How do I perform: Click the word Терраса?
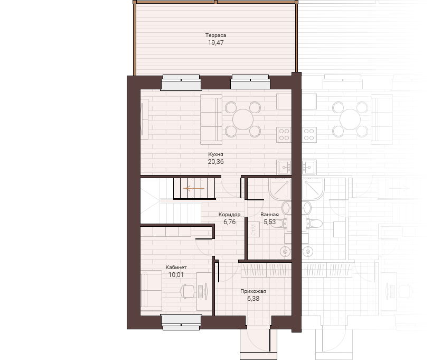pyautogui.click(x=215, y=35)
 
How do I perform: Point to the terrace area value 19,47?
pyautogui.click(x=215, y=42)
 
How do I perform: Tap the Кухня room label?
pyautogui.click(x=215, y=154)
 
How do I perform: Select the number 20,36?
pyautogui.click(x=215, y=162)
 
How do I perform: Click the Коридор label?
pyautogui.click(x=230, y=214)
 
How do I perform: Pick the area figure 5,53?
pyautogui.click(x=270, y=222)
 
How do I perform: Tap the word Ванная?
pyautogui.click(x=269, y=214)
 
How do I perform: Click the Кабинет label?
pyautogui.click(x=176, y=267)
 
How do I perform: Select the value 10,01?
pyautogui.click(x=176, y=275)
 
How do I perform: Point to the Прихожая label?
pyautogui.click(x=253, y=291)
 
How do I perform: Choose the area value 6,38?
pyautogui.click(x=253, y=299)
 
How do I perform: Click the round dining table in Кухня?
pyautogui.click(x=243, y=119)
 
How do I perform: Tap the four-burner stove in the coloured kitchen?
pyautogui.click(x=284, y=135)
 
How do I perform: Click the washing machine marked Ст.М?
pyautogui.click(x=253, y=229)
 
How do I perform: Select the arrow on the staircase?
pyautogui.click(x=194, y=189)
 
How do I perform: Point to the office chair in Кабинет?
pyautogui.click(x=187, y=292)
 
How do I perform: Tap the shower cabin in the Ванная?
pyautogui.click(x=280, y=189)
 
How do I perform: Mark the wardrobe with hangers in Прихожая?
pyautogui.click(x=266, y=270)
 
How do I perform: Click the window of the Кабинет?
pyautogui.click(x=181, y=322)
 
